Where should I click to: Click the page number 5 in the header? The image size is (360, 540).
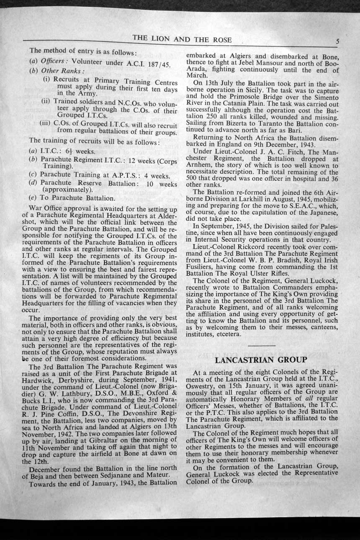pyautogui.click(x=337, y=41)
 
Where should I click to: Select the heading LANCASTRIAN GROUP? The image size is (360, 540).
pyautogui.click(x=261, y=360)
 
